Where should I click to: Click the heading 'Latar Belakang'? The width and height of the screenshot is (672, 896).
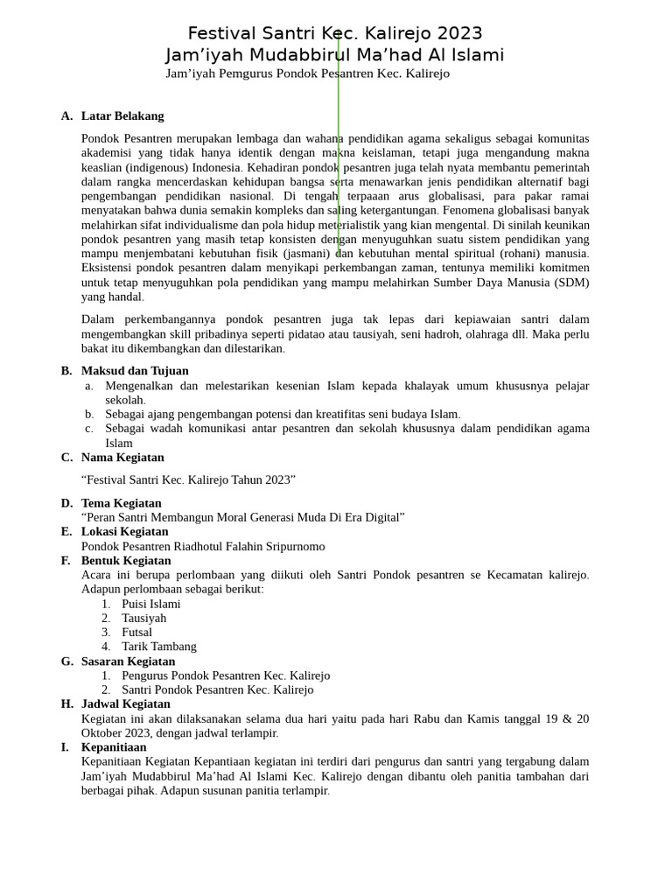pyautogui.click(x=122, y=115)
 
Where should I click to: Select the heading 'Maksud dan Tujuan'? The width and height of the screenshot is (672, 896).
pyautogui.click(x=135, y=370)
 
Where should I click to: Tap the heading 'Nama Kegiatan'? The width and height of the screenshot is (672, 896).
pyautogui.click(x=122, y=457)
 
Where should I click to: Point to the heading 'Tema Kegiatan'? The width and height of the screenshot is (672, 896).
pyautogui.click(x=122, y=503)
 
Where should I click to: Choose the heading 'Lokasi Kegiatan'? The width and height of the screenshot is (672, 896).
pyautogui.click(x=125, y=531)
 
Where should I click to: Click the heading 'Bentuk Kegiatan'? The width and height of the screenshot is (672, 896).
pyautogui.click(x=126, y=560)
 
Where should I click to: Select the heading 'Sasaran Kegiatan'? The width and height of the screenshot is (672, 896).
pyautogui.click(x=128, y=661)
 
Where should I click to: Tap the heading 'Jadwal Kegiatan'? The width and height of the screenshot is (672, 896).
pyautogui.click(x=126, y=703)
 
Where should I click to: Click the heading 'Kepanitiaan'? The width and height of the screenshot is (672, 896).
pyautogui.click(x=114, y=747)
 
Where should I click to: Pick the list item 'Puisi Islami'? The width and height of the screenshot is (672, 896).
pyautogui.click(x=151, y=604)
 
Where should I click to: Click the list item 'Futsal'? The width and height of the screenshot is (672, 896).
pyautogui.click(x=136, y=632)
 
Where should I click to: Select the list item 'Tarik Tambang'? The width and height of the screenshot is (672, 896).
pyautogui.click(x=159, y=646)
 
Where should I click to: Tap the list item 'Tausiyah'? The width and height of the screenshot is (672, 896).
pyautogui.click(x=143, y=618)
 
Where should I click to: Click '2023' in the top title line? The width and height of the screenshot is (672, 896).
pyautogui.click(x=459, y=33)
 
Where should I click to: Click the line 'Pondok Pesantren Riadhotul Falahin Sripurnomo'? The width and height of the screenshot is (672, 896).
pyautogui.click(x=203, y=546)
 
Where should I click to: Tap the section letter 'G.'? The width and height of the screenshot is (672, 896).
pyautogui.click(x=67, y=661)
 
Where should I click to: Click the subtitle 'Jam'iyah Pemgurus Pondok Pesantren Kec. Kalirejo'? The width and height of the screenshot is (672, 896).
pyautogui.click(x=307, y=73)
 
